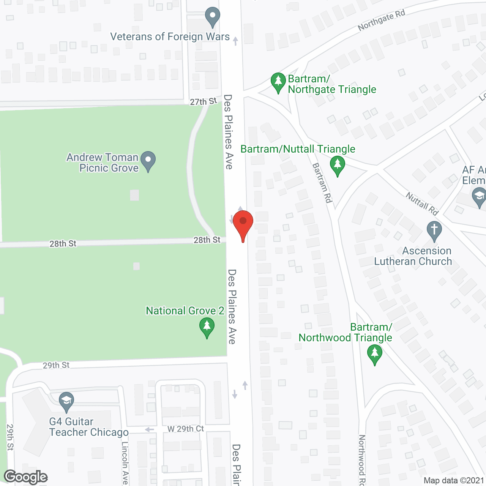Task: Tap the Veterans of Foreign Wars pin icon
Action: click(x=213, y=17)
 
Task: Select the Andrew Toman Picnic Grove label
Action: click(x=103, y=163)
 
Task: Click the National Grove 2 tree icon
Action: click(x=207, y=328)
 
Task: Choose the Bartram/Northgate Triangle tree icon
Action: click(x=278, y=82)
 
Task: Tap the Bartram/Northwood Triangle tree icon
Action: click(x=375, y=354)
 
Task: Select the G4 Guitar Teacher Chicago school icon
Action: click(x=66, y=402)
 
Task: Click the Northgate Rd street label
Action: click(x=381, y=20)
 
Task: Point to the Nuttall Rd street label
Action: click(x=422, y=204)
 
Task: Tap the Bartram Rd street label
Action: click(x=322, y=183)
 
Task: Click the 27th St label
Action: click(x=203, y=101)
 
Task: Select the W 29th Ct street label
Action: click(x=186, y=429)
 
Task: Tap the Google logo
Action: click(x=26, y=477)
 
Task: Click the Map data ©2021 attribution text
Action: click(x=453, y=481)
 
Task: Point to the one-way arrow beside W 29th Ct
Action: click(x=149, y=429)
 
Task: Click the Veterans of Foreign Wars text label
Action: click(x=170, y=36)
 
